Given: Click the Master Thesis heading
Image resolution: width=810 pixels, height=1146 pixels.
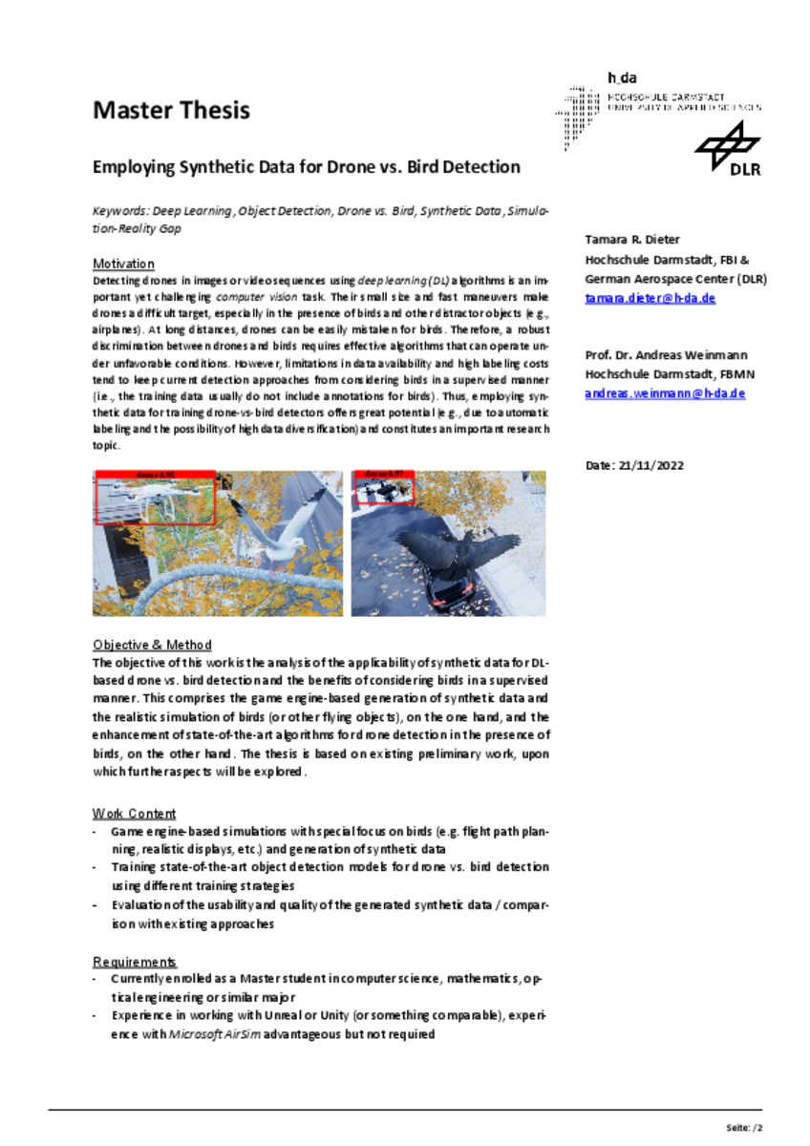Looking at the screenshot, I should click(171, 111).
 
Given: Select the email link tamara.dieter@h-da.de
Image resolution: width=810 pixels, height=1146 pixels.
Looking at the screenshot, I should click(650, 298).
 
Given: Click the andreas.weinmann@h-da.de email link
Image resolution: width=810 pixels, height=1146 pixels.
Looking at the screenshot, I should click(664, 393).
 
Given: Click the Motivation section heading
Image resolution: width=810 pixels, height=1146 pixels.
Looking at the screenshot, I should click(123, 264).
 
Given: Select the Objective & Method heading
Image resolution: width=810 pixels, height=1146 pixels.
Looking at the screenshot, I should click(152, 645).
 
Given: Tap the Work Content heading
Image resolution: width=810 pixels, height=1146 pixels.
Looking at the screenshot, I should click(134, 814).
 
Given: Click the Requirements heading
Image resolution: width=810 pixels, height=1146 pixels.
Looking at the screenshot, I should click(135, 962).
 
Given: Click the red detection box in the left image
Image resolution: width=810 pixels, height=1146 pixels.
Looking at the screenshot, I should click(156, 499).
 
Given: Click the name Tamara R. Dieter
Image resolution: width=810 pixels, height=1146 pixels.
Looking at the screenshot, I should click(632, 239).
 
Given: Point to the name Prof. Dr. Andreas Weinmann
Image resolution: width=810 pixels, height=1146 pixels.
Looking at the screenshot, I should click(665, 355).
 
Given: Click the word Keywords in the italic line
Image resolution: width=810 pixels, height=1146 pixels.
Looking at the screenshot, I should click(119, 210).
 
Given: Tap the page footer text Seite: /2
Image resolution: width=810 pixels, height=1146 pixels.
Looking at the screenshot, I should click(744, 1127).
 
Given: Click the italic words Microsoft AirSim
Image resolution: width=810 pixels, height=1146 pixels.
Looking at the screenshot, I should click(214, 1034).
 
